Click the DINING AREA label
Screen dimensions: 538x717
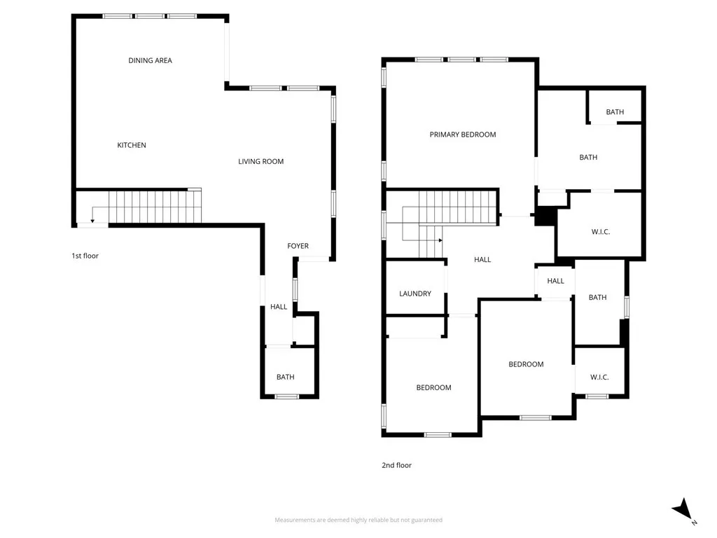pyautogui.click(x=150, y=60)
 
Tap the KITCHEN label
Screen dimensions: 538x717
pyautogui.click(x=132, y=145)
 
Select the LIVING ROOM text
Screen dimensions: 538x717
pyautogui.click(x=260, y=161)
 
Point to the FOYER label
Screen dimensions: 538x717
pyautogui.click(x=298, y=246)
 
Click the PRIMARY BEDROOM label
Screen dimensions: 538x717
pyautogui.click(x=462, y=134)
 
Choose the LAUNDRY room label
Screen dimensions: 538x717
pyautogui.click(x=415, y=294)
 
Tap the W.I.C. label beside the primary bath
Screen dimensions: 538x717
pyautogui.click(x=601, y=231)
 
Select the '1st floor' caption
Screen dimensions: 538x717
pyautogui.click(x=85, y=256)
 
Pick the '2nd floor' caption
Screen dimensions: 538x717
pyautogui.click(x=397, y=465)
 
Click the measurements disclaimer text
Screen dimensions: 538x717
pyautogui.click(x=358, y=520)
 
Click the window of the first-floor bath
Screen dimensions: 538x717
pyautogui.click(x=286, y=396)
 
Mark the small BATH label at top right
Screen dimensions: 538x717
pyautogui.click(x=615, y=112)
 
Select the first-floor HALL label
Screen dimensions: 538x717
pyautogui.click(x=279, y=307)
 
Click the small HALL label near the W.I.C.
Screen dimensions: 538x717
pyautogui.click(x=555, y=281)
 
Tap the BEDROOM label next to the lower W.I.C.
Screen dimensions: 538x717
pyautogui.click(x=526, y=364)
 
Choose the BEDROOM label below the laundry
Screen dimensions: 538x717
pyautogui.click(x=433, y=387)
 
